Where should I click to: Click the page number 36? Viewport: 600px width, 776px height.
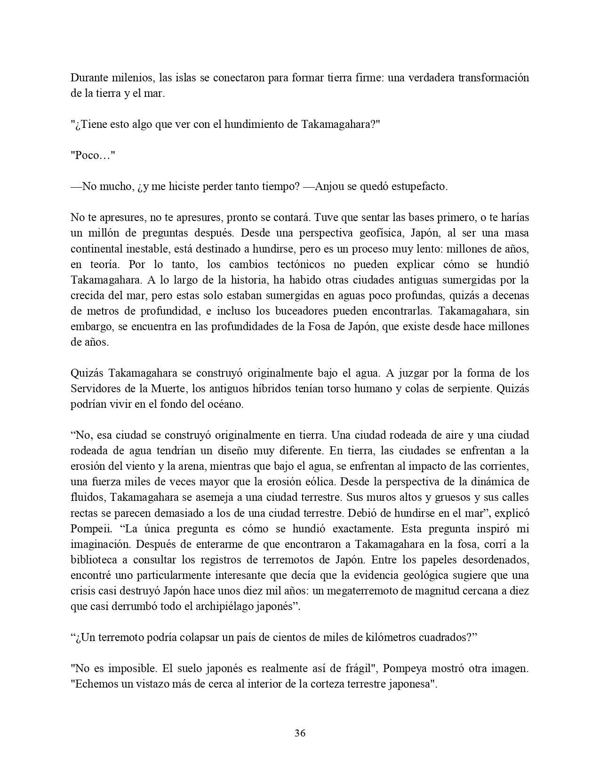click(300, 733)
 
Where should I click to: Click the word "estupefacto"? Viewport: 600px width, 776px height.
click(419, 187)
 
